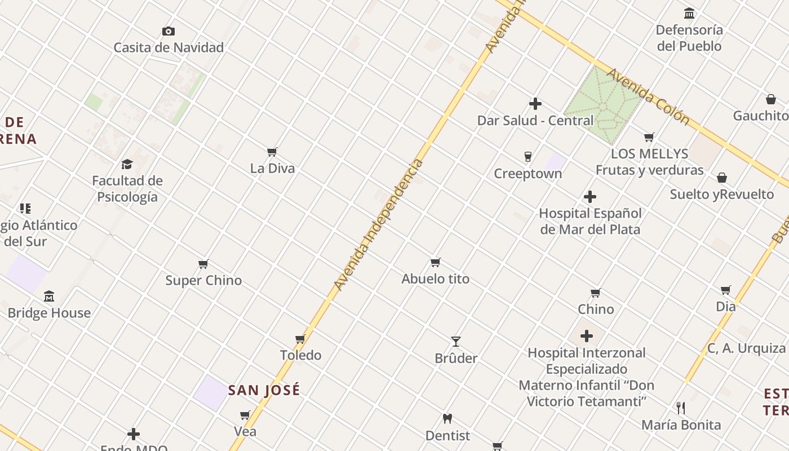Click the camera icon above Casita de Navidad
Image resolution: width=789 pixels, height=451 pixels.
tap(168, 32)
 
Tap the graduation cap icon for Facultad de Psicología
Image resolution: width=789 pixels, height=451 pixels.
tap(127, 164)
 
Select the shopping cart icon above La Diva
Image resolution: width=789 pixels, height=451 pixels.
tap(272, 152)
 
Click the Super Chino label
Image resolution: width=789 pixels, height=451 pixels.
tap(203, 280)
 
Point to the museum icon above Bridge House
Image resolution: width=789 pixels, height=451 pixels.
tap(49, 297)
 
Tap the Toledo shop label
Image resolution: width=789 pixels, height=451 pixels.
tap(301, 355)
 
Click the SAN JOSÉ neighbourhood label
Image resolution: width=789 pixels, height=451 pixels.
tap(264, 390)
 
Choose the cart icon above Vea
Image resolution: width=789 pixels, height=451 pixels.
tap(245, 415)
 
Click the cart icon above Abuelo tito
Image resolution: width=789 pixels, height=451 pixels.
tap(435, 262)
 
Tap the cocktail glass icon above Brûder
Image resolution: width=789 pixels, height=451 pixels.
tap(456, 342)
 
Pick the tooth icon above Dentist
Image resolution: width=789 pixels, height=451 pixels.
tap(447, 419)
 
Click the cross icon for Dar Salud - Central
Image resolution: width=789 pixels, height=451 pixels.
tap(535, 104)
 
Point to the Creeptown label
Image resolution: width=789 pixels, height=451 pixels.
tap(528, 174)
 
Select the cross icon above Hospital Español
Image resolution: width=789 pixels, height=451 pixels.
tap(590, 197)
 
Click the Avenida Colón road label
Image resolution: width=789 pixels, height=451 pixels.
tap(648, 96)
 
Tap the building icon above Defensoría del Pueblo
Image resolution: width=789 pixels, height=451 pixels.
tap(689, 13)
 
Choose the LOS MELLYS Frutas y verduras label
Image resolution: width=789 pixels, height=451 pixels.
tap(650, 162)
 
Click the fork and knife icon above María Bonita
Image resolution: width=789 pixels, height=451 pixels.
tap(681, 408)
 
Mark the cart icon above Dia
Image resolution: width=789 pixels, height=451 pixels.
tap(726, 290)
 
